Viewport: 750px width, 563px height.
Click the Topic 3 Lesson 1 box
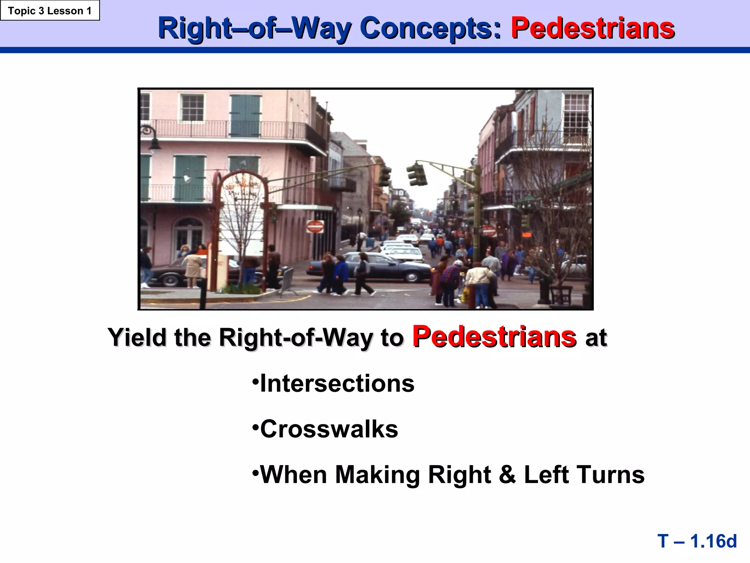tap(50, 11)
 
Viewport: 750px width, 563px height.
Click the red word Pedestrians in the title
tap(593, 28)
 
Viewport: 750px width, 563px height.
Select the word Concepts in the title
tap(430, 28)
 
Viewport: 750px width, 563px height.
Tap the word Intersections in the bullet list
tap(337, 384)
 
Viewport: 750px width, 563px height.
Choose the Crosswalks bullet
tap(329, 429)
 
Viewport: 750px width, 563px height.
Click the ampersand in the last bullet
tap(507, 475)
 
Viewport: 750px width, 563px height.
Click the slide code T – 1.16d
tap(697, 541)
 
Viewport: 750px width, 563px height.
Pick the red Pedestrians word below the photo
tap(494, 336)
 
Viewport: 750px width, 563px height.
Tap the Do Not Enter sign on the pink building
tap(315, 227)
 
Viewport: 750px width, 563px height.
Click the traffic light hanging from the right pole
tap(417, 174)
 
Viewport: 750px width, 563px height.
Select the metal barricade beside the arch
tap(288, 280)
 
